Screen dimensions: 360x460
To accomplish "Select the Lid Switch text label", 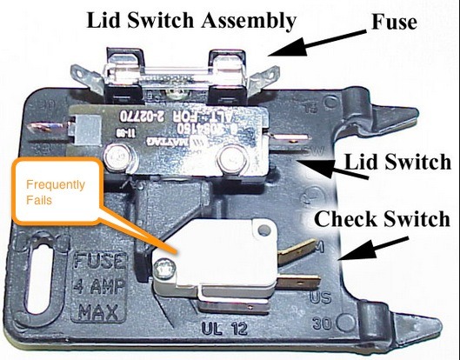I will pyautogui.click(x=397, y=162).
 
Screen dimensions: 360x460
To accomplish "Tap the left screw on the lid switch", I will pyautogui.click(x=113, y=157).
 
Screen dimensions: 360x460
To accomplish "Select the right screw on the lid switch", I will pyautogui.click(x=231, y=159).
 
